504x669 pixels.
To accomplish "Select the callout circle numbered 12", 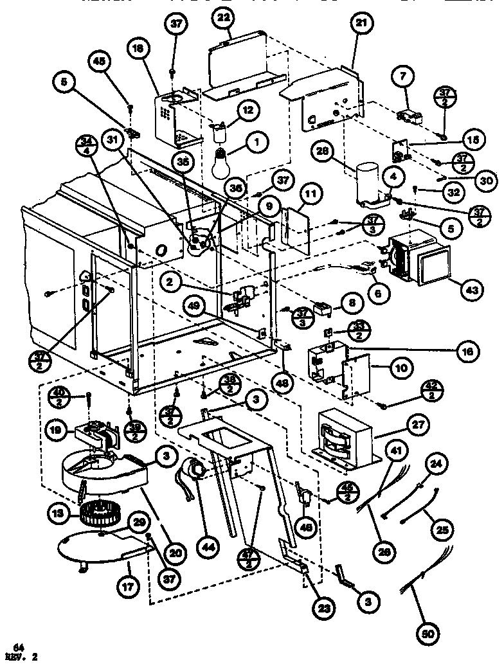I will click(248, 111).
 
